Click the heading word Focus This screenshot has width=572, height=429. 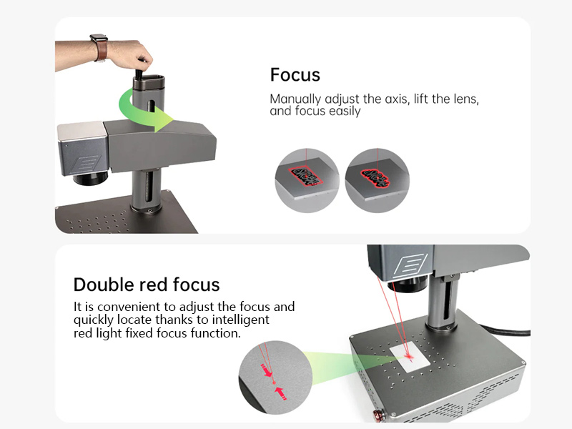click(x=295, y=75)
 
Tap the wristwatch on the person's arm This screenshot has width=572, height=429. click(x=99, y=47)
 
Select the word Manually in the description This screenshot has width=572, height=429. click(x=295, y=99)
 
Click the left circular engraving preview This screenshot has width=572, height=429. click(x=307, y=180)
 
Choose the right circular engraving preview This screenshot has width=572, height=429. click(x=378, y=180)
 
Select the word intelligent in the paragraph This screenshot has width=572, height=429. click(x=241, y=320)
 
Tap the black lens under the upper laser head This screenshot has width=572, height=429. click(x=90, y=177)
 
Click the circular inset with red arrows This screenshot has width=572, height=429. click(x=275, y=378)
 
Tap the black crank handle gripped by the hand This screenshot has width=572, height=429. click(x=139, y=72)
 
